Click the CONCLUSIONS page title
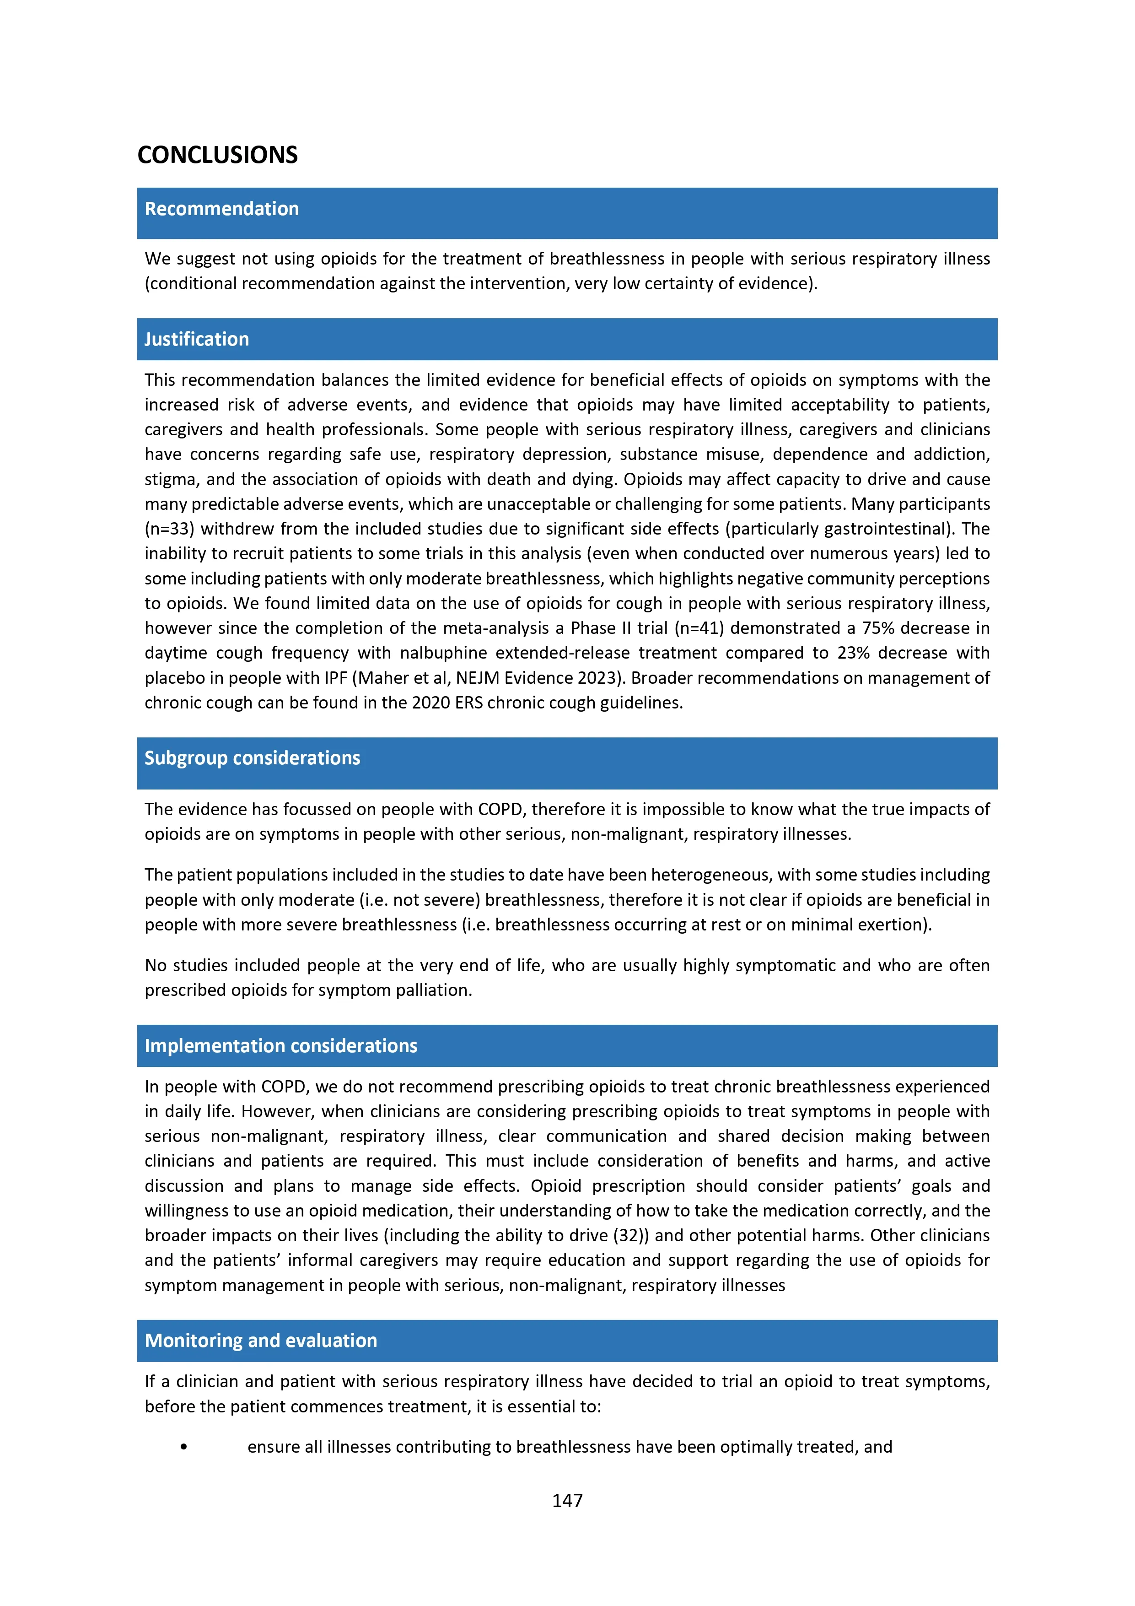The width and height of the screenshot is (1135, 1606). [x=217, y=155]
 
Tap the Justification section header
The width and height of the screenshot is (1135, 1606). [x=197, y=339]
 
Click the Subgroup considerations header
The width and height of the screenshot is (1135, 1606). [x=252, y=758]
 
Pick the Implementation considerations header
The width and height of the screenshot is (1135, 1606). [x=280, y=1046]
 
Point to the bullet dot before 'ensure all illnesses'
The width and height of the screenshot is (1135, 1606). [x=184, y=1447]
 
